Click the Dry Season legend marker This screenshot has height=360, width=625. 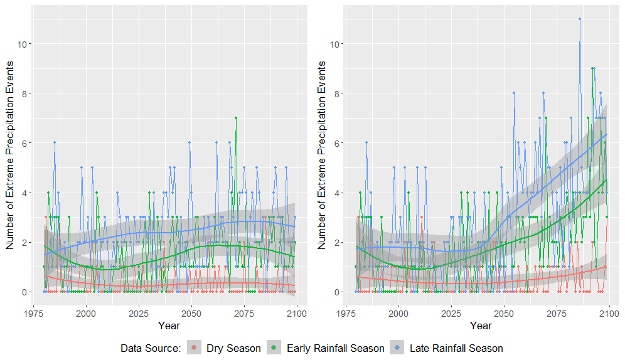tap(195, 348)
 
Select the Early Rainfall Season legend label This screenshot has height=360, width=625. tap(335, 348)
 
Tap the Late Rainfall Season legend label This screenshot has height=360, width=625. tap(456, 348)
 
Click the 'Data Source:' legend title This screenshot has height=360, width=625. tap(150, 348)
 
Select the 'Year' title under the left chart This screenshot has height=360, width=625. tap(169, 326)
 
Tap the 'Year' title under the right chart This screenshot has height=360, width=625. tap(481, 326)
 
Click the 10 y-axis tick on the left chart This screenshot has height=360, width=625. tap(28, 44)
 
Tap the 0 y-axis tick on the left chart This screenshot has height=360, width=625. tap(30, 292)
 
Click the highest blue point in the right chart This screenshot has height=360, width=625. tap(580, 19)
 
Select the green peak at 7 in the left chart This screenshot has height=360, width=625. tap(236, 118)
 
